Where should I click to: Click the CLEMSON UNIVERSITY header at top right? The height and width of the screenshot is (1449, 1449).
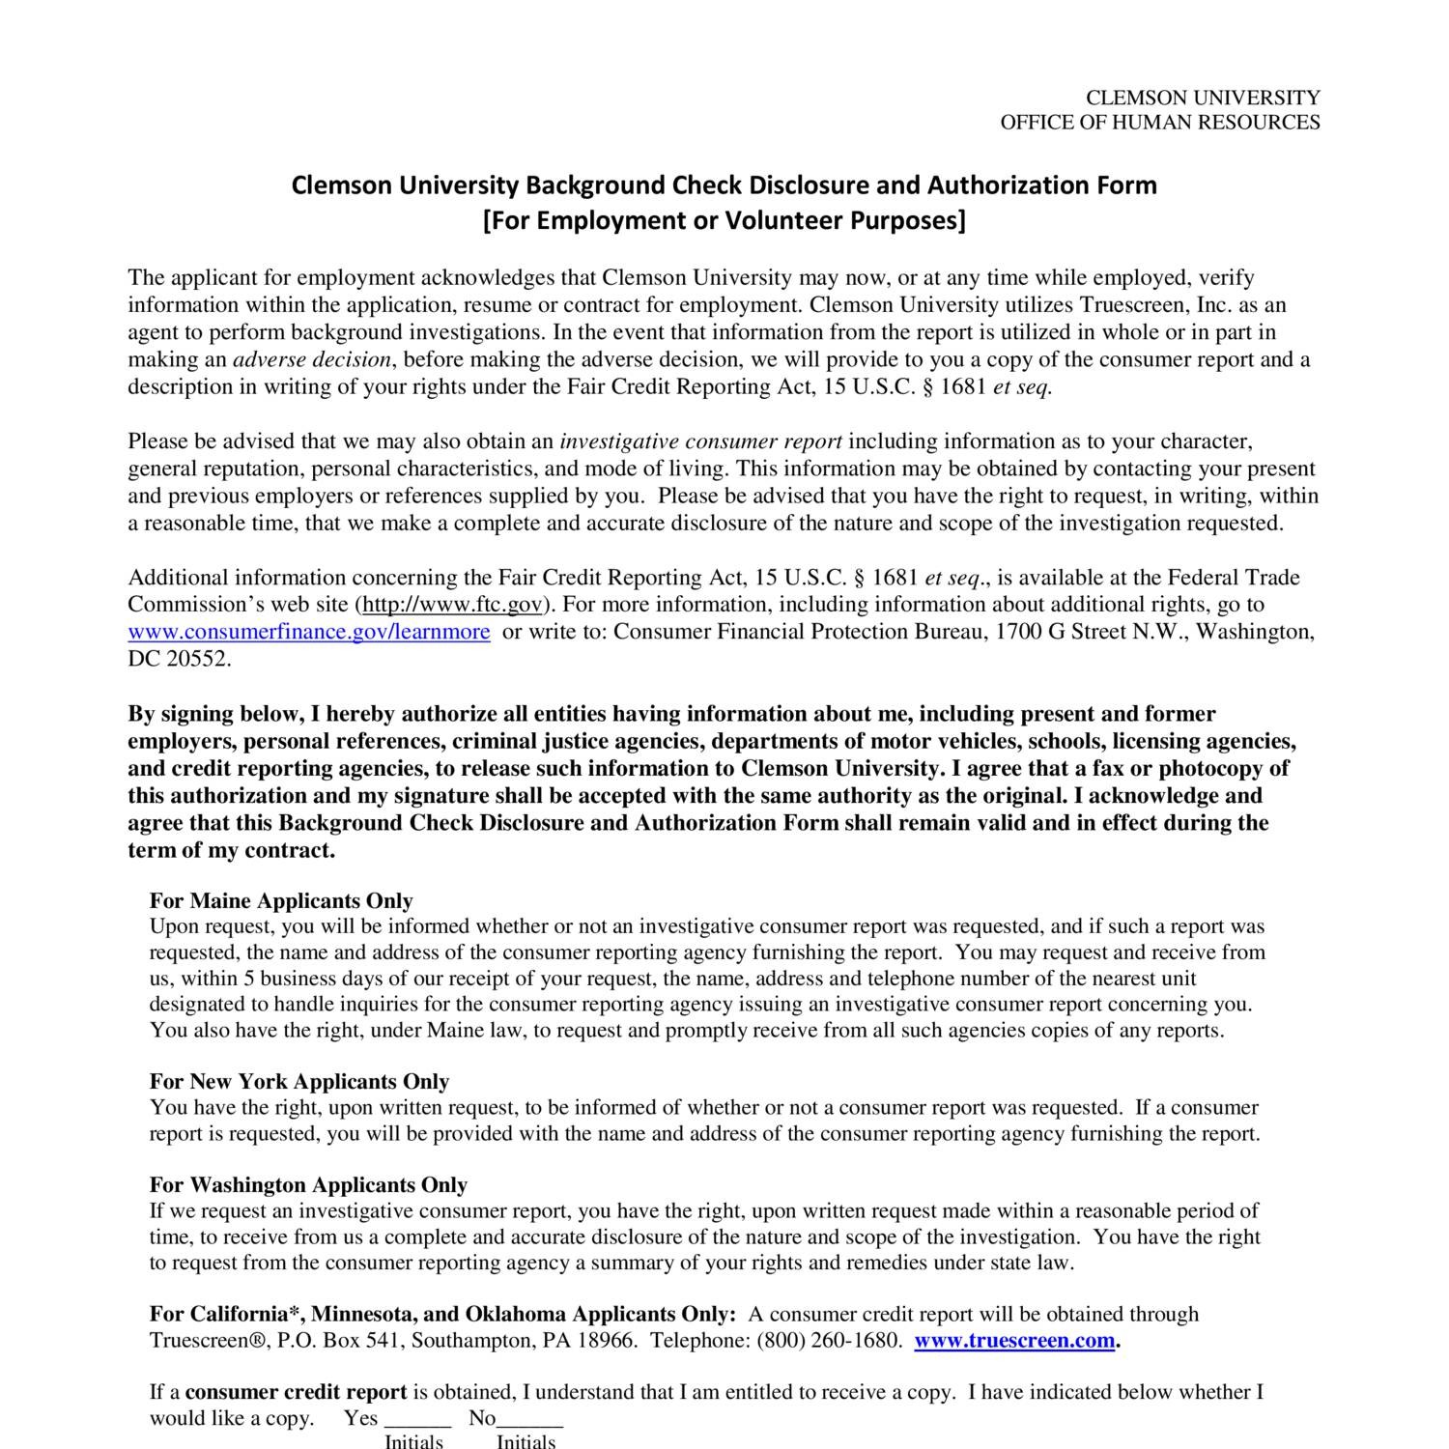(x=1203, y=98)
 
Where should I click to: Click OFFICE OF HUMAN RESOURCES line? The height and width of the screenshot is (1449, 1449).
(x=1159, y=122)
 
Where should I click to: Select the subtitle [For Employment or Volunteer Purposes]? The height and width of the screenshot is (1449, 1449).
(x=724, y=221)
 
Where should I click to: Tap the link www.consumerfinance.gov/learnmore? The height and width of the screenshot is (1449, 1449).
(x=309, y=632)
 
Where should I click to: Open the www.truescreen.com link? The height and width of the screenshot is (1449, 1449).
(x=1014, y=1341)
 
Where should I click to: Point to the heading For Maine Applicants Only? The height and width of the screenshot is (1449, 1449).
(x=281, y=901)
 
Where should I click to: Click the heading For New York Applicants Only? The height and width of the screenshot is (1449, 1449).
(x=299, y=1082)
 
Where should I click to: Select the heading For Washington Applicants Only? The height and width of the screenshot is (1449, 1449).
(x=308, y=1185)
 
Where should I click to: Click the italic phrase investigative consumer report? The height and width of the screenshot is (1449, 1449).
(x=700, y=442)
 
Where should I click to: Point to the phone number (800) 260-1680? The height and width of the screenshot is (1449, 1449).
(x=829, y=1341)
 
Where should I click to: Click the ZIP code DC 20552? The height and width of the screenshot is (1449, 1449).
(x=180, y=660)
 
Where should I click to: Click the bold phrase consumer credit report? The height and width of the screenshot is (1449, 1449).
(x=296, y=1393)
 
